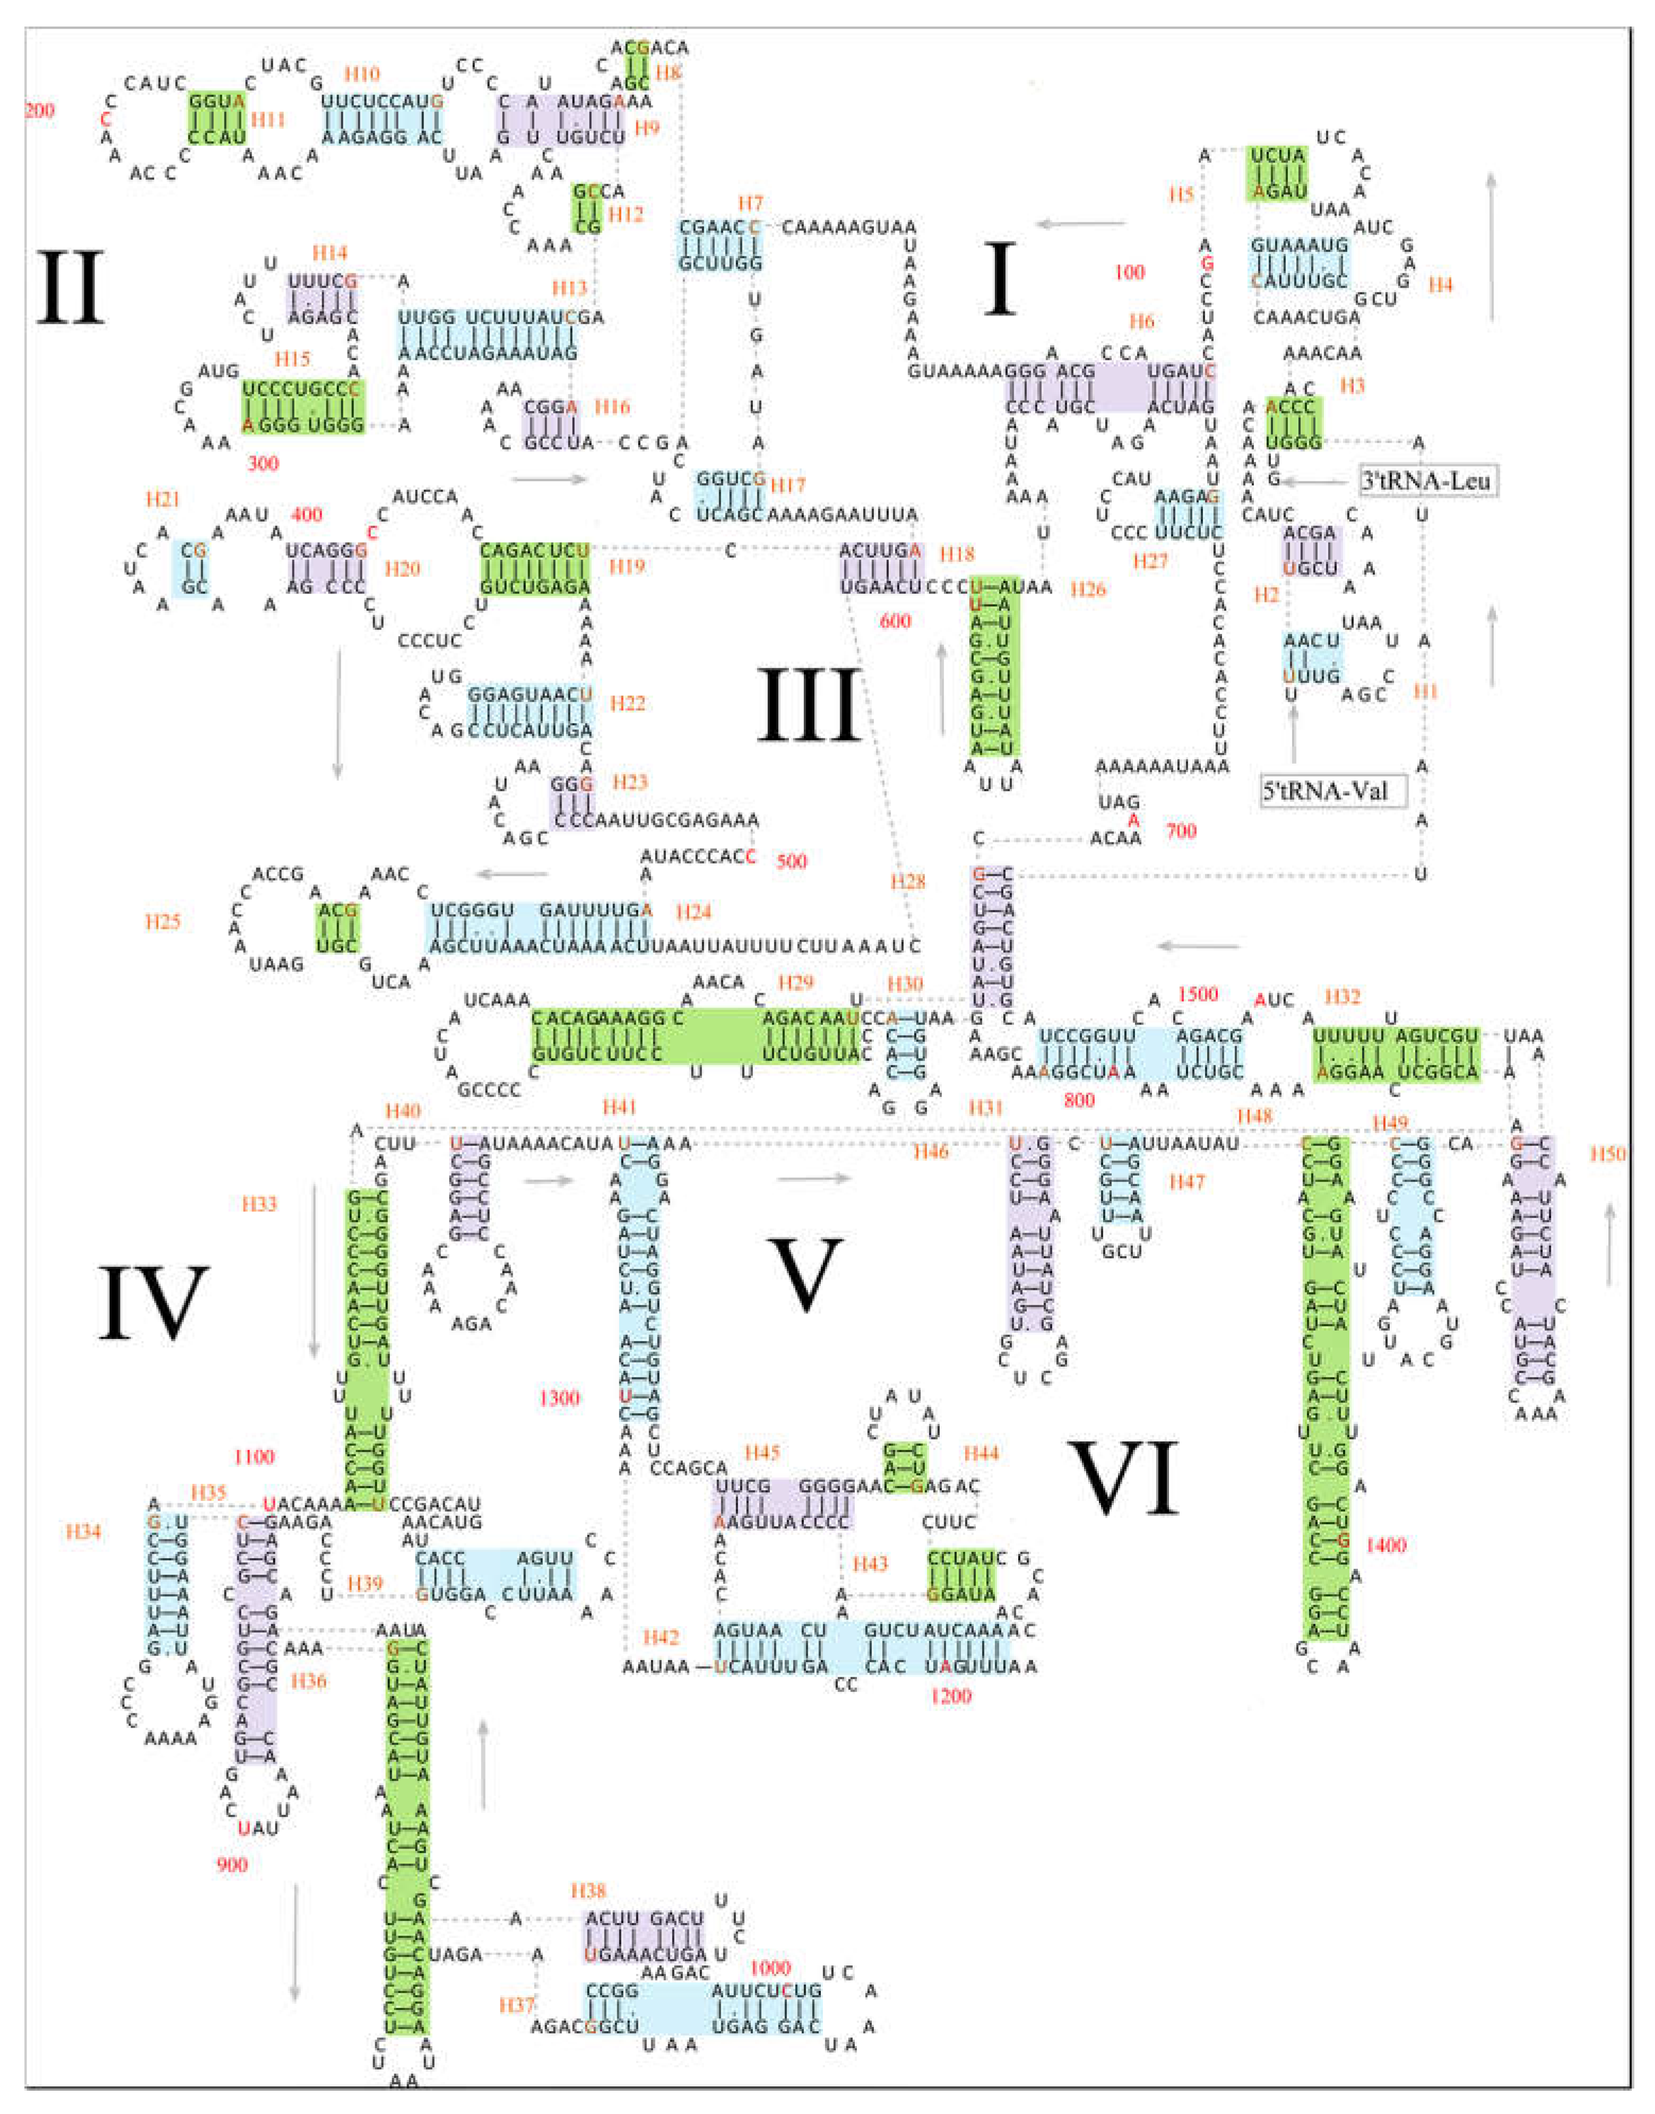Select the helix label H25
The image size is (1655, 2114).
click(163, 921)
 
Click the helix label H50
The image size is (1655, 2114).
click(1608, 1153)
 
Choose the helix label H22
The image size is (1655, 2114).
click(627, 703)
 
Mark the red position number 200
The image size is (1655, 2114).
click(39, 109)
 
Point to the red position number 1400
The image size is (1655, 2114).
click(1385, 1545)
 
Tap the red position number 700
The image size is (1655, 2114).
click(1181, 831)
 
